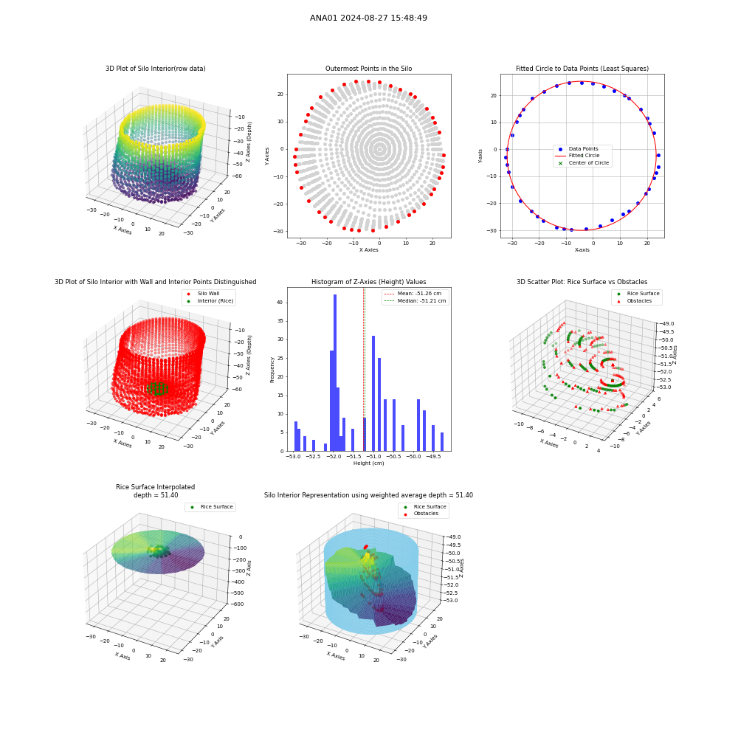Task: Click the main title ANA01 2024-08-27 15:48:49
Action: point(368,18)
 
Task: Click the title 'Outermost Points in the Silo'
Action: point(368,69)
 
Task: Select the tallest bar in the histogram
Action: point(335,373)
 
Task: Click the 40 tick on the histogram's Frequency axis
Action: point(280,303)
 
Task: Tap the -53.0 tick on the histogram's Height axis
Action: point(294,457)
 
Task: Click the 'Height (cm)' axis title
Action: point(368,463)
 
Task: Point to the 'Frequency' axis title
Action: point(272,370)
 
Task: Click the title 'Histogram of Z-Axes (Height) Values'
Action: point(368,282)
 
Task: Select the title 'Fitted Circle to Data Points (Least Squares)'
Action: point(582,69)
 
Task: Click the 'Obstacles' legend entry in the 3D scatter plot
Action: point(639,301)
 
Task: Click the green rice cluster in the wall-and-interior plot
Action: point(157,389)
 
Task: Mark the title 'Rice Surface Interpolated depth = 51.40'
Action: point(155,491)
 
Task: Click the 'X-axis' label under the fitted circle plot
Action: point(582,250)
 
